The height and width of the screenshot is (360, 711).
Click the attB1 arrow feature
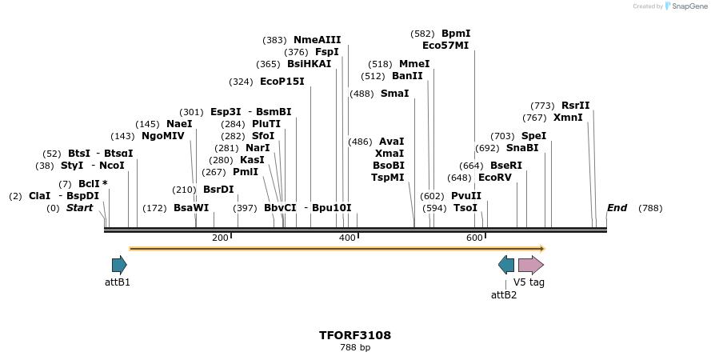pos(119,265)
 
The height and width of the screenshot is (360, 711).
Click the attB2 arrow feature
pos(506,265)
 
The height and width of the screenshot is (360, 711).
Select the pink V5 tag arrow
pos(530,265)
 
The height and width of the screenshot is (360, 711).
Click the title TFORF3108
pos(355,335)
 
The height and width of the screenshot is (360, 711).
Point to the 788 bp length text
pos(355,347)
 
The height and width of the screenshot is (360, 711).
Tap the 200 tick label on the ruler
pos(220,238)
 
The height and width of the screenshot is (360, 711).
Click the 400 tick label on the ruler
pos(347,238)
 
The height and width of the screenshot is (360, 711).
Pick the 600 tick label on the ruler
pos(474,238)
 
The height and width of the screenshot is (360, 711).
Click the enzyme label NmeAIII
pos(317,40)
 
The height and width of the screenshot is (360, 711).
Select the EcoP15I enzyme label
pos(282,82)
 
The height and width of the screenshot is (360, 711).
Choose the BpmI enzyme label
pos(456,34)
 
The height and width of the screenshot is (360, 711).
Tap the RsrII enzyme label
pos(575,106)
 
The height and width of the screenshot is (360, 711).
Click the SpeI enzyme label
pos(533,136)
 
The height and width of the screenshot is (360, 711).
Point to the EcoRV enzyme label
pos(494,178)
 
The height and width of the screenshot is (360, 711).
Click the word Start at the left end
pos(79,208)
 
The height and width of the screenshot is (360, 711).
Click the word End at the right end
pos(617,208)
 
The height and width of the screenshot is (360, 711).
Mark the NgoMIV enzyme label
pos(162,136)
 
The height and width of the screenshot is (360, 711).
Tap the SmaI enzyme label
pos(394,94)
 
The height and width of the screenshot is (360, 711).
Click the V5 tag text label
pos(529,282)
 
